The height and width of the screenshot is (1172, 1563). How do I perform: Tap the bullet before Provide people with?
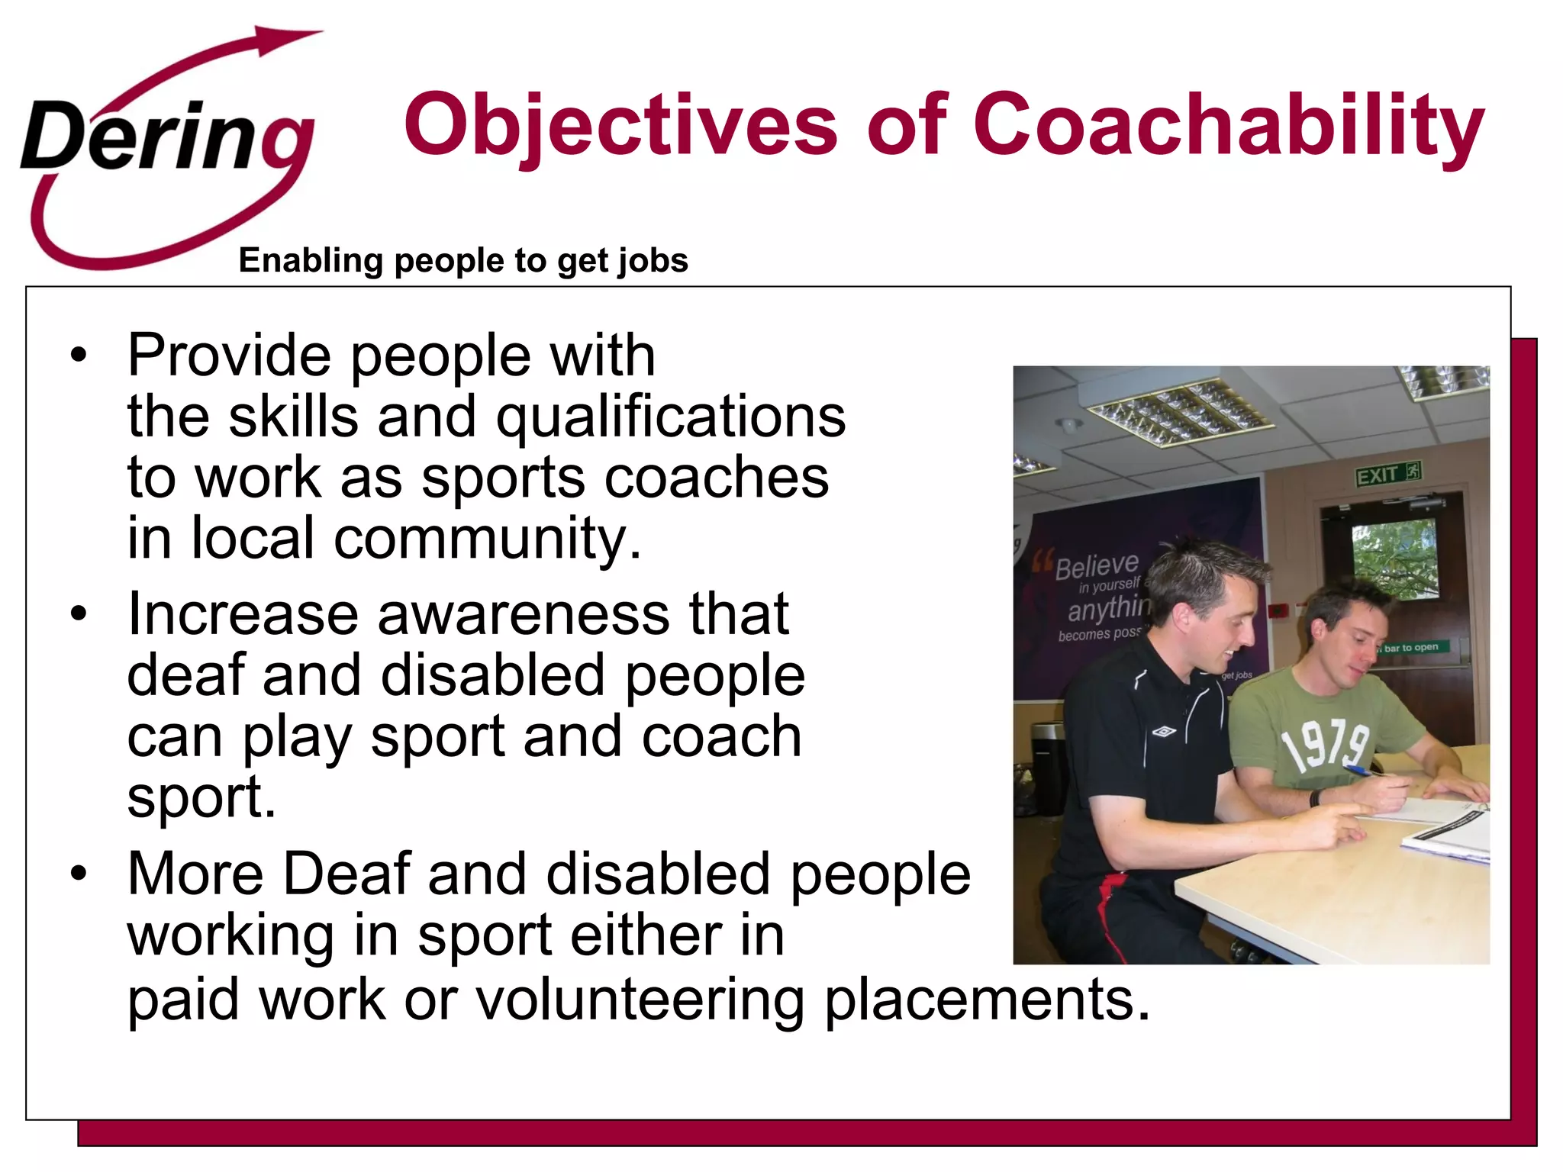[78, 356]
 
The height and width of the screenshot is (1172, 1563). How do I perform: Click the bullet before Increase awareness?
[78, 614]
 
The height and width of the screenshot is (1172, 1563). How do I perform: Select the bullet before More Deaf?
[78, 874]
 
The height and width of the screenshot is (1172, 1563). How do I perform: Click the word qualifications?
[671, 417]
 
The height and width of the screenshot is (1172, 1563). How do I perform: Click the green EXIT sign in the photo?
[1387, 475]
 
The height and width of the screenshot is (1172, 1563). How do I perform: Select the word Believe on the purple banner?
[1097, 565]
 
